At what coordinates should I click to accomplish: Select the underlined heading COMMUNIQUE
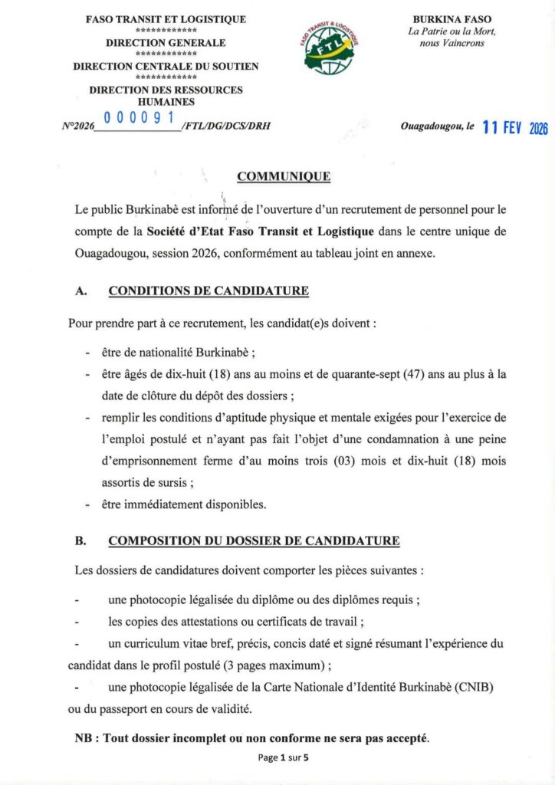284,177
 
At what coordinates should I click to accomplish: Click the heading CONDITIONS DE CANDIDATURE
209,291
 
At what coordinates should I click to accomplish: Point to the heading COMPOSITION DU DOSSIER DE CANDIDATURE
254,541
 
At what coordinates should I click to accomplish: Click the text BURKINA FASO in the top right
452,19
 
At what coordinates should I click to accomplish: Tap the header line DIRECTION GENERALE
166,43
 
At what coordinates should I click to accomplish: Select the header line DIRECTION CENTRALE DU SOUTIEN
166,67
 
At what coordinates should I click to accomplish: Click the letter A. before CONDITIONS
80,291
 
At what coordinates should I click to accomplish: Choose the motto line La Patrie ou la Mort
452,31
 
